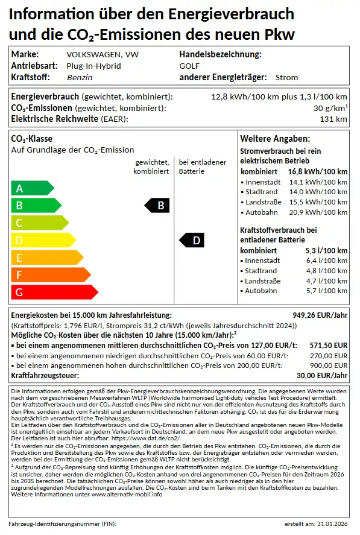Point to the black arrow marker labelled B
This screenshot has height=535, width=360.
(x=157, y=206)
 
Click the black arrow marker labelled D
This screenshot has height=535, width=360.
(x=193, y=241)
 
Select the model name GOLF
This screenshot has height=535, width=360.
(x=189, y=66)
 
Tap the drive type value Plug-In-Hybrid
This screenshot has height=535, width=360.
(x=93, y=66)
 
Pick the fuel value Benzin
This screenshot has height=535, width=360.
(x=79, y=77)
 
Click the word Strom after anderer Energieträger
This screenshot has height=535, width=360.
(x=286, y=77)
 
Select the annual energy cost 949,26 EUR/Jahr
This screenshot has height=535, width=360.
(x=320, y=315)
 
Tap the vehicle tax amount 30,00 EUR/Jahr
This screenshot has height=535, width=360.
(x=323, y=376)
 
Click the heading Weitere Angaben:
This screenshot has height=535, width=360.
(x=275, y=139)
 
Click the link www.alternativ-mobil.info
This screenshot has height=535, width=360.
(x=127, y=494)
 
